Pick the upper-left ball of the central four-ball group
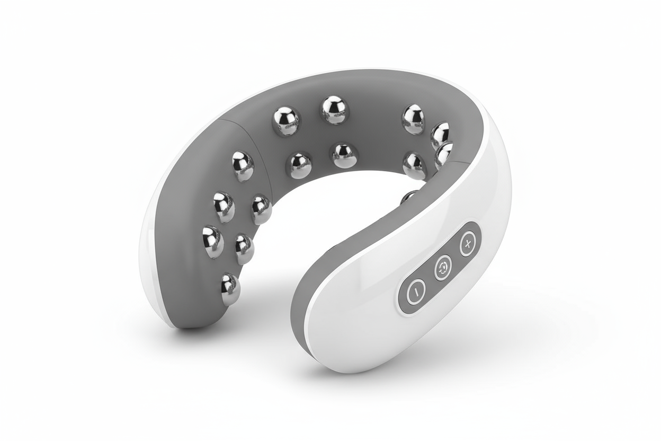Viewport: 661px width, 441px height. click(286, 121)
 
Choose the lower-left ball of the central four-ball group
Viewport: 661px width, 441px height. click(300, 165)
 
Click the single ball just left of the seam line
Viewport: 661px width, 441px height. click(242, 166)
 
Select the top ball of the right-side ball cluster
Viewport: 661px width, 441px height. click(413, 119)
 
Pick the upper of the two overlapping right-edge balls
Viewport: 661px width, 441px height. click(441, 135)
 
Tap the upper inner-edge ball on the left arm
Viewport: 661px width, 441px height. click(261, 209)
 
